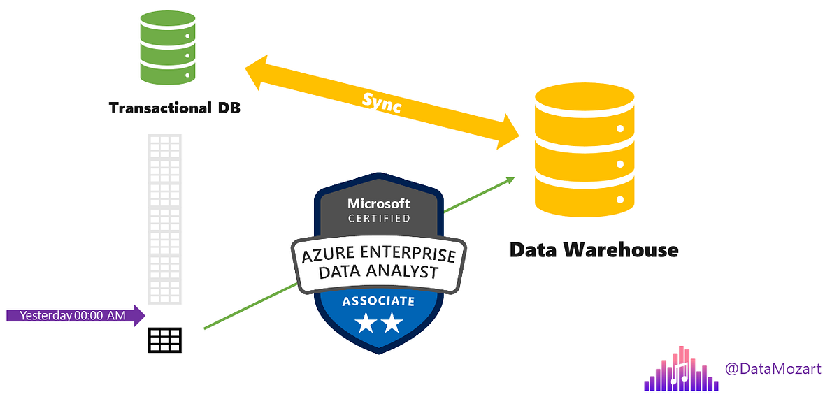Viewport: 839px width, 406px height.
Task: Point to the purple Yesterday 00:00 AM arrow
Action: coord(75,315)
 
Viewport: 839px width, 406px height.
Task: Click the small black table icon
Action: coord(165,340)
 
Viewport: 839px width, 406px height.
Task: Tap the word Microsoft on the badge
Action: coord(379,204)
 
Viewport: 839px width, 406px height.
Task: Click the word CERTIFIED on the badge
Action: coord(379,219)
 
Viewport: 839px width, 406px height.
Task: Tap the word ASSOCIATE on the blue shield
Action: coord(378,302)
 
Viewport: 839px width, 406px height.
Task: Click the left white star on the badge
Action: coord(364,324)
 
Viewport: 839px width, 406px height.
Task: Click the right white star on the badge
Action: coord(392,324)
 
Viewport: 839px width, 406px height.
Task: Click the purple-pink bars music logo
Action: coord(681,370)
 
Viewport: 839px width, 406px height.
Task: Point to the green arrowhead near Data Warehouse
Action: coord(510,180)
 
